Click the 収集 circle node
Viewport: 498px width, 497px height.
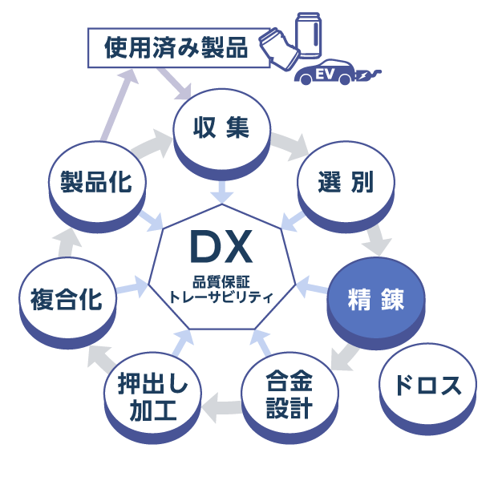point(221,128)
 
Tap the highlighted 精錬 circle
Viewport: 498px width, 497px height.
point(375,298)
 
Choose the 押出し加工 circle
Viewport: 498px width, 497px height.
point(152,398)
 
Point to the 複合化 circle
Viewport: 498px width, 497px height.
point(67,298)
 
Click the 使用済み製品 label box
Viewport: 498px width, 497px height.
point(176,48)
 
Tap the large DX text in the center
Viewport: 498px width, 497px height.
point(221,248)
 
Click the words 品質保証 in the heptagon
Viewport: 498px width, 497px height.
point(221,282)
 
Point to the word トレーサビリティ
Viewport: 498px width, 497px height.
point(221,297)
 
